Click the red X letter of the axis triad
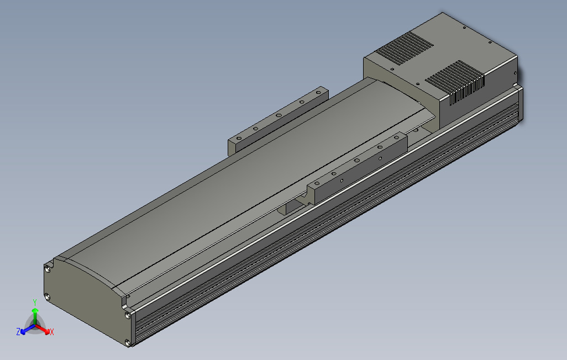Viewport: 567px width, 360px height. point(51,332)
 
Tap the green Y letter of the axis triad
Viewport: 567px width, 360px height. point(34,302)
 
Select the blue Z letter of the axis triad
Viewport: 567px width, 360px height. point(18,332)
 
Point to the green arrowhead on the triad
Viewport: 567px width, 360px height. point(35,312)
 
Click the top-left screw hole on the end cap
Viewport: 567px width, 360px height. point(48,269)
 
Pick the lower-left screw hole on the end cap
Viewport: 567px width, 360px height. point(48,297)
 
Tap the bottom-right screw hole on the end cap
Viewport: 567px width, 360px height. point(129,342)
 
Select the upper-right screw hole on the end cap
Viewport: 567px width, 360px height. point(128,315)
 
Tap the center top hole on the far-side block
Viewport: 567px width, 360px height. point(279,115)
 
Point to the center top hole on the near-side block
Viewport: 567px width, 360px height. point(357,160)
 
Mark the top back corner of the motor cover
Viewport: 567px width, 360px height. point(443,14)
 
